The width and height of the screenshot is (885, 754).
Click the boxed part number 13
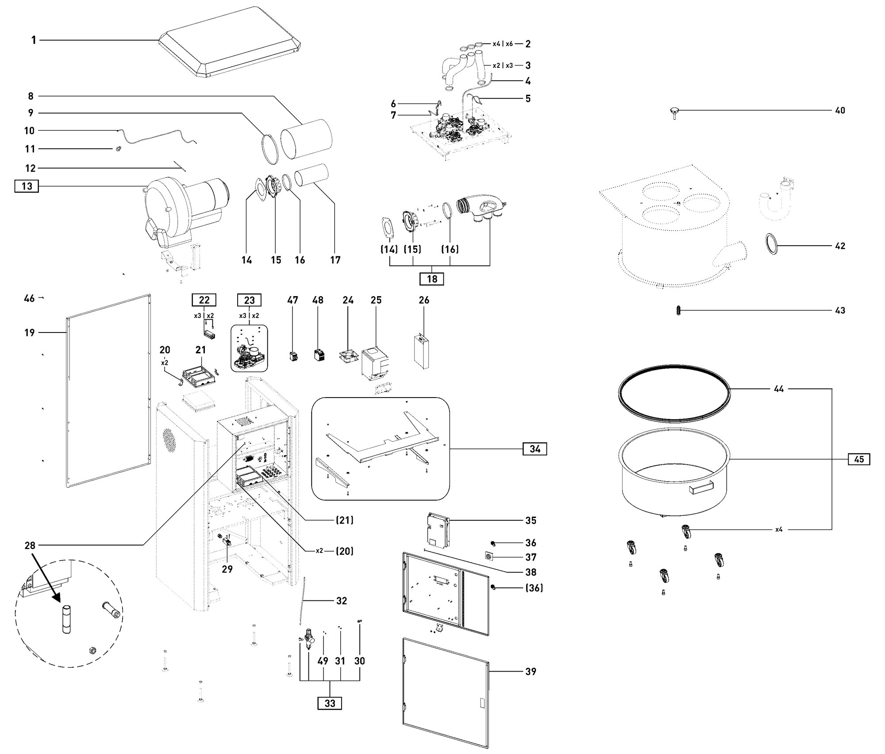click(x=27, y=186)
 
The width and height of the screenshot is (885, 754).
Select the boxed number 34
click(x=535, y=449)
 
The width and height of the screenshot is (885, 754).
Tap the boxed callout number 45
click(x=859, y=459)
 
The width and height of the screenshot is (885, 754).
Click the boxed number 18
click(x=432, y=279)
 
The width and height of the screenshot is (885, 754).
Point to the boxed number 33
click(x=330, y=703)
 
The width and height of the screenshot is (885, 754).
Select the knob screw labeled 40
click(x=674, y=113)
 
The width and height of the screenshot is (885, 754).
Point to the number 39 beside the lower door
click(x=530, y=672)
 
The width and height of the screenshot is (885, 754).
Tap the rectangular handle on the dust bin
click(x=701, y=487)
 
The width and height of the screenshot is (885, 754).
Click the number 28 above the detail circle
click(x=30, y=545)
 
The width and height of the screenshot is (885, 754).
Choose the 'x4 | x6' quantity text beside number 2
click(x=503, y=44)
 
